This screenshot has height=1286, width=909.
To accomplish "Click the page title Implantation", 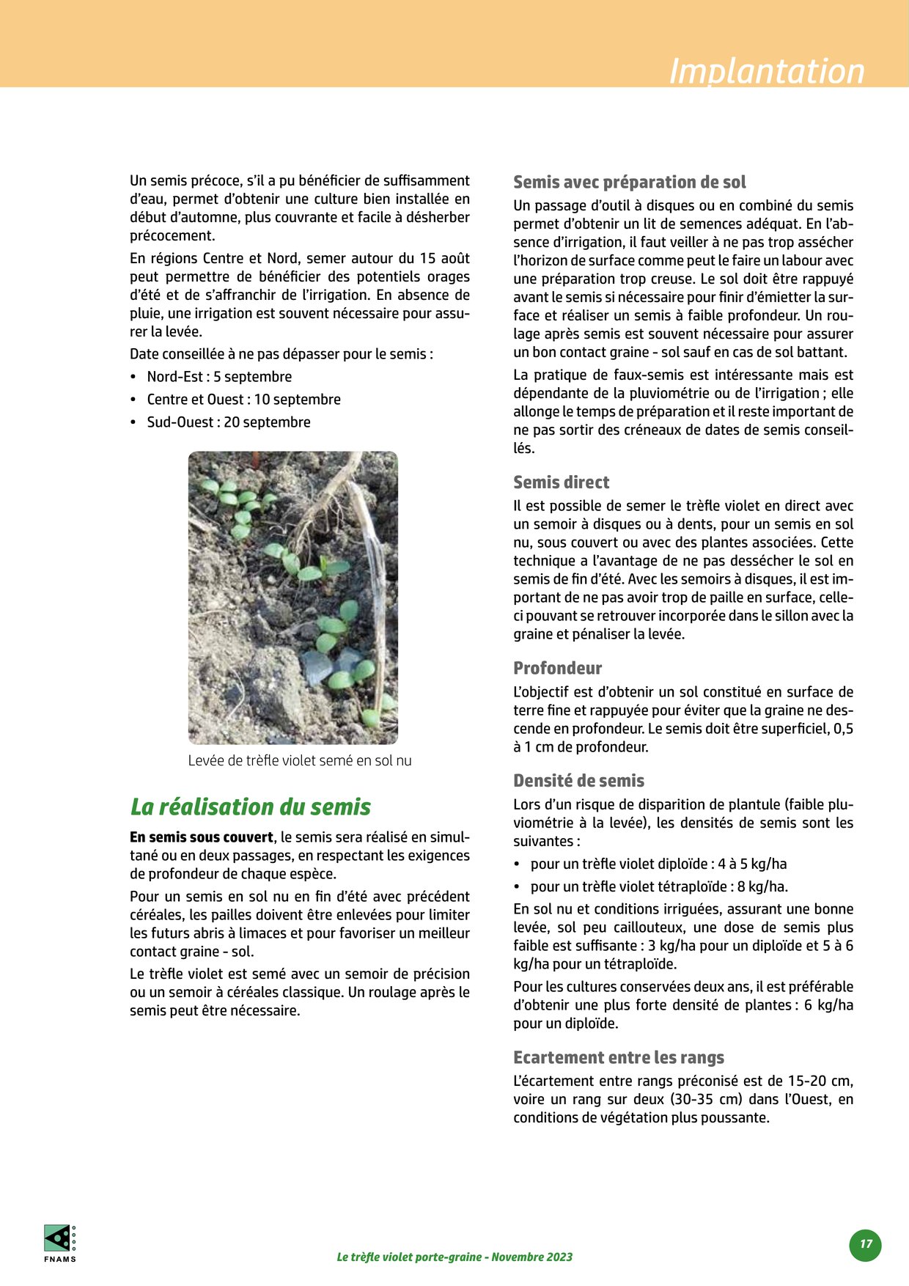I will (767, 71).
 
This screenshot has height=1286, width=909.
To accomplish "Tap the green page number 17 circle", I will (866, 1244).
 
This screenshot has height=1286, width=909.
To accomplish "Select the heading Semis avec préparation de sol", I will (629, 182).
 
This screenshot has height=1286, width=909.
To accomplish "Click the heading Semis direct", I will (561, 482).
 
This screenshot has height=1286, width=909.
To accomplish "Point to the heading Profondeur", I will (557, 668).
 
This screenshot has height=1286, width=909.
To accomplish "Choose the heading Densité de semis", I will (578, 781).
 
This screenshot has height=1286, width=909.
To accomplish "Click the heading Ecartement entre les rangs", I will (618, 1057).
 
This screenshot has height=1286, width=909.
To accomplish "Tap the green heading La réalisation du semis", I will (251, 807).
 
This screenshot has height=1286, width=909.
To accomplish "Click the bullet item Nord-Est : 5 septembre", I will (219, 377).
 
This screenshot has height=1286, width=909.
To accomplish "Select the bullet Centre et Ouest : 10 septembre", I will (243, 400).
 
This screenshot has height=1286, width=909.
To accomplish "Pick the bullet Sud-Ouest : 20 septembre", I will (229, 422).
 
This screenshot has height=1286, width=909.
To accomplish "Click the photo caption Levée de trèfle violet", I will (300, 761).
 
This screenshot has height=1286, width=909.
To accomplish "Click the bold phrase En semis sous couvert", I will (202, 837).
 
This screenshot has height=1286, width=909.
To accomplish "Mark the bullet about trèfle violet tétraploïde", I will (659, 886).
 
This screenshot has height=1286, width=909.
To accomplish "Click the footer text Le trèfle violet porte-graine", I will (454, 1257).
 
